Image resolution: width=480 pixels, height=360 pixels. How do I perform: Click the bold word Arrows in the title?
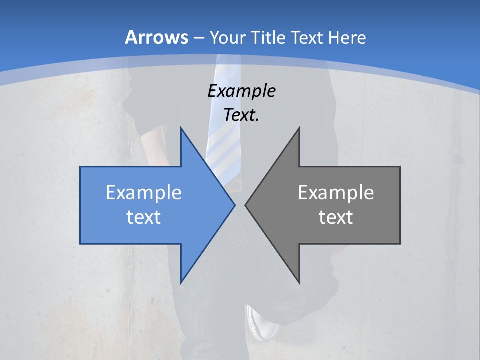tap(156, 37)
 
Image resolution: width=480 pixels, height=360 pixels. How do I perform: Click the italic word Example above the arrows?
tap(241, 91)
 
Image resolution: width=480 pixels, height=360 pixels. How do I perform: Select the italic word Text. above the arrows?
tap(241, 115)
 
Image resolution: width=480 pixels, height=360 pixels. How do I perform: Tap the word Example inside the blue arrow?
tap(144, 192)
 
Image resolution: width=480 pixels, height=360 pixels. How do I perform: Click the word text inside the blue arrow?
tap(144, 217)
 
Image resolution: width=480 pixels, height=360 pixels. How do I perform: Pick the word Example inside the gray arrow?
tap(336, 192)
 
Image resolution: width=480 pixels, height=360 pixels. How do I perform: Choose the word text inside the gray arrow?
tap(336, 217)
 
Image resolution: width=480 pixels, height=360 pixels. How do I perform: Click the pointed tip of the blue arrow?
tap(234, 205)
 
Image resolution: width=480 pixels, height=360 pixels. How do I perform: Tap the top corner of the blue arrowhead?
tap(181, 128)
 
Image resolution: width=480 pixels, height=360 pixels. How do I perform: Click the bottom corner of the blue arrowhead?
tap(181, 282)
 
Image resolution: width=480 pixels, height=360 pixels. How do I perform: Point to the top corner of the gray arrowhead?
tap(299, 128)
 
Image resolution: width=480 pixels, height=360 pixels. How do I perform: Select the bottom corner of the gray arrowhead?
tap(299, 282)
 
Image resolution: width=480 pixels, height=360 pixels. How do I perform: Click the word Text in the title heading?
tap(307, 37)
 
